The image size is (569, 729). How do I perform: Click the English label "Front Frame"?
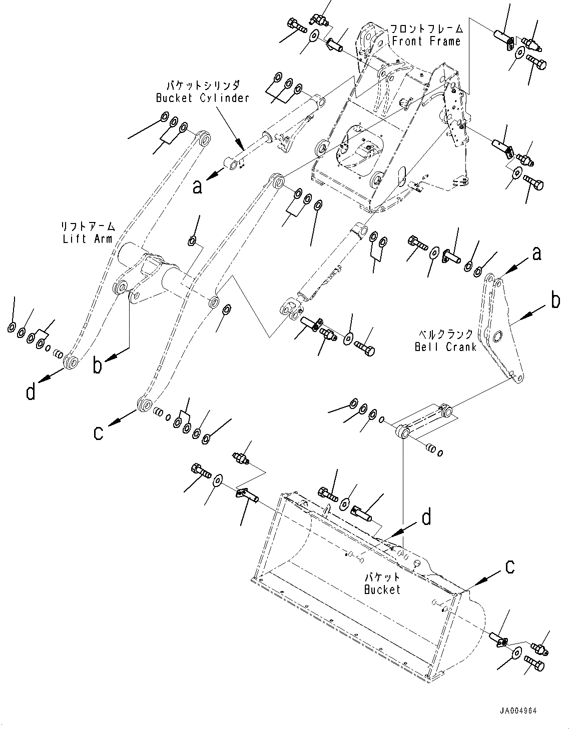[426, 41]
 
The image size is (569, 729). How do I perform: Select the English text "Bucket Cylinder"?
[202, 98]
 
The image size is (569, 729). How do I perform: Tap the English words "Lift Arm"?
[88, 238]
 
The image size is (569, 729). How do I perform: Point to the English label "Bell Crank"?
[445, 346]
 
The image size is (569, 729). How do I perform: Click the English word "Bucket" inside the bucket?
[382, 589]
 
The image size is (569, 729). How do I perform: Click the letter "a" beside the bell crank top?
[536, 254]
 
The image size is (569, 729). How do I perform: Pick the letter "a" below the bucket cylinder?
[198, 186]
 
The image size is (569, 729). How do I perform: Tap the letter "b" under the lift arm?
[98, 365]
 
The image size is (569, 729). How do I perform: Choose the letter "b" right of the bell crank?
[555, 301]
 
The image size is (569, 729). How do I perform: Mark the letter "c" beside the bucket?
[509, 567]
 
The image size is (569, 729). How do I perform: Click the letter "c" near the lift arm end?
[99, 432]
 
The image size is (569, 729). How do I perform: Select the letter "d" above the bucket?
[426, 517]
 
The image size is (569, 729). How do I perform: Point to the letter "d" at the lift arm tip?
[31, 391]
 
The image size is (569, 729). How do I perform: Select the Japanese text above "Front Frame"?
[426, 29]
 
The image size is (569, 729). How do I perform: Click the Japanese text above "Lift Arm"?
[88, 226]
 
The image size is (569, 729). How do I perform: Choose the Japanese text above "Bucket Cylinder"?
[203, 85]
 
